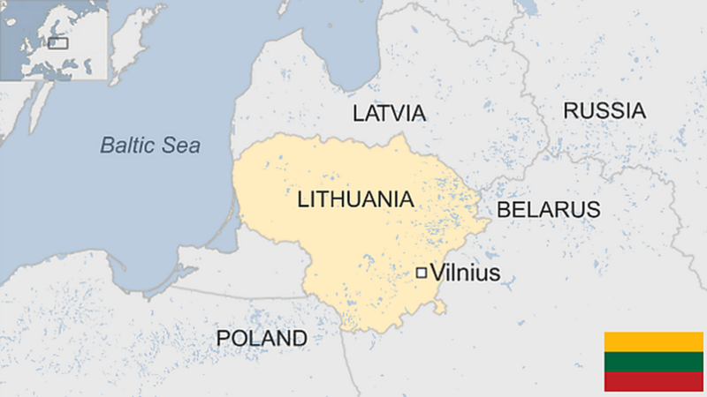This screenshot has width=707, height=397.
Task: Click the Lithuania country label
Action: [355, 198]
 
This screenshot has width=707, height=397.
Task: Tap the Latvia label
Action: [389, 113]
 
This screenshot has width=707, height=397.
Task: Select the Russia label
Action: [604, 111]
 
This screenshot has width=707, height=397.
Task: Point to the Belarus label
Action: [548, 210]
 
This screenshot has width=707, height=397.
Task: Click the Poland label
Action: [262, 339]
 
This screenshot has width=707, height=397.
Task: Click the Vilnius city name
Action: [464, 273]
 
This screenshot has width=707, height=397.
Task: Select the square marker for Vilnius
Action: [422, 273]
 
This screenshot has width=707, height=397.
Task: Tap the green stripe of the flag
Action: [653, 362]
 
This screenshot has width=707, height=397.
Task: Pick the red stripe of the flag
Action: [653, 381]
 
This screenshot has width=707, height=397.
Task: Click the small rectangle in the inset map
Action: [57, 41]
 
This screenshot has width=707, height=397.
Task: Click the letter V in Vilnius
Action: [436, 273]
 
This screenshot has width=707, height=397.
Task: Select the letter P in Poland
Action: [223, 339]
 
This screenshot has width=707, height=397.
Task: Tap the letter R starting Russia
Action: [571, 111]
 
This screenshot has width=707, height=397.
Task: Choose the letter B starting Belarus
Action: [503, 210]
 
